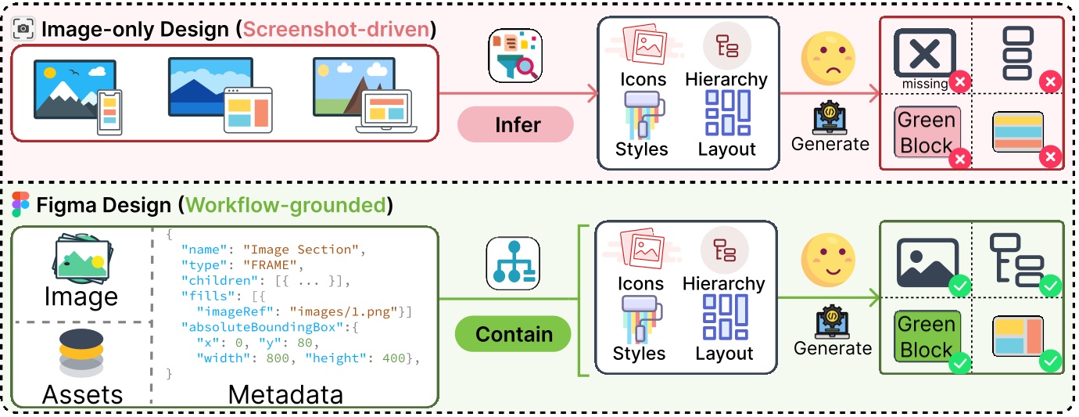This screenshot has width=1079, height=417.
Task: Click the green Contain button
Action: [513, 335]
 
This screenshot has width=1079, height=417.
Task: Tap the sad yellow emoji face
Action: [826, 60]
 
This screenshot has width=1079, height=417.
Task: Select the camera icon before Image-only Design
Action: [24, 30]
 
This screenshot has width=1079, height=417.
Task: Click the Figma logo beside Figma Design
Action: [20, 205]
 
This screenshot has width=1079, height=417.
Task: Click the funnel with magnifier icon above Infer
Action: [515, 56]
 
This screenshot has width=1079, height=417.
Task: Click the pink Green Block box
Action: [927, 133]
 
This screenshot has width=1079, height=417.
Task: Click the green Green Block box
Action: [927, 336]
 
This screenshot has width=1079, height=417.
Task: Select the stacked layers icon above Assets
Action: [81, 352]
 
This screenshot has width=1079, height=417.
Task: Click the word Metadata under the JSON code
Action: [285, 394]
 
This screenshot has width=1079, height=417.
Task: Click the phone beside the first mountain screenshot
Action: [109, 113]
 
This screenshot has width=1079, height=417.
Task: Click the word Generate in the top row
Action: [830, 143]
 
